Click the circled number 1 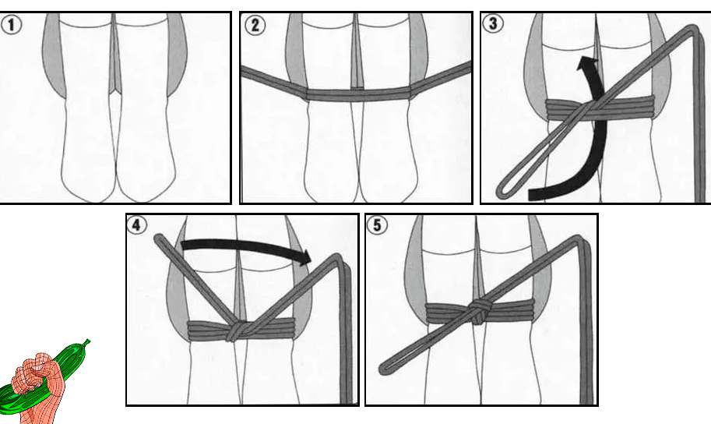click(11, 24)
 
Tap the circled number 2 click(255, 25)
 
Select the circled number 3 click(493, 23)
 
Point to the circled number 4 click(136, 224)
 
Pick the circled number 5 click(377, 224)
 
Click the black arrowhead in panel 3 click(588, 65)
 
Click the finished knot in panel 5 click(477, 312)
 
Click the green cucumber click(45, 376)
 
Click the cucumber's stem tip click(87, 341)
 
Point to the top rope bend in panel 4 click(340, 259)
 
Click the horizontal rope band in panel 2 click(358, 94)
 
